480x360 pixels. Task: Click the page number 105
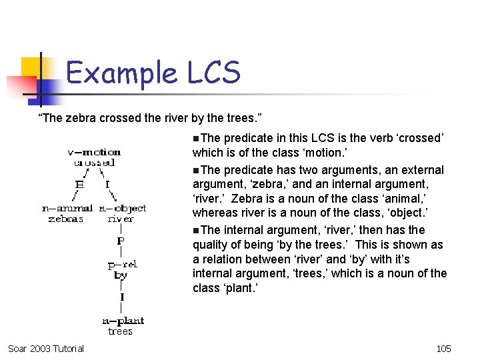[x=443, y=348]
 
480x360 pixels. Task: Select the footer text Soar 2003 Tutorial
[x=46, y=348]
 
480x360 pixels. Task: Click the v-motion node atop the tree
[x=94, y=152]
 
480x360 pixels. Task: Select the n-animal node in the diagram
[x=67, y=209]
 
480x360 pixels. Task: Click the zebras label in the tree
[x=65, y=219]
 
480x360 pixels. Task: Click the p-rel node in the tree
[x=122, y=265]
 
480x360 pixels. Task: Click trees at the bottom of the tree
[x=120, y=331]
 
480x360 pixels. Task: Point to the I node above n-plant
[x=121, y=297]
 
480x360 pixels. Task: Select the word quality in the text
[x=211, y=245]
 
